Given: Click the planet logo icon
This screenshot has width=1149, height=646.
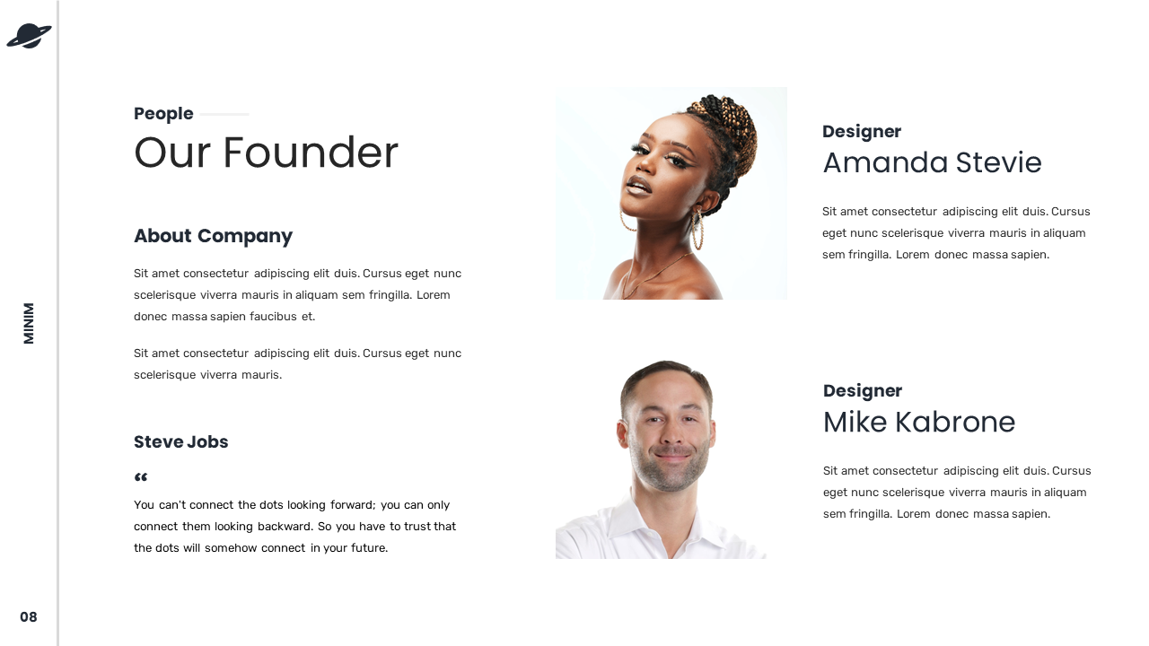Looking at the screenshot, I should pyautogui.click(x=29, y=36).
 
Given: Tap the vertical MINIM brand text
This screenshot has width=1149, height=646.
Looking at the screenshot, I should pyautogui.click(x=29, y=323).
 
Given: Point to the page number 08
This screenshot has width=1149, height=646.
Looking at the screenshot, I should pyautogui.click(x=29, y=617).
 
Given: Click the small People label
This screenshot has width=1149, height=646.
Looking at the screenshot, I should pyautogui.click(x=163, y=114).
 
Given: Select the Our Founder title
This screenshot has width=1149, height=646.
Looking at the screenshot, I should pyautogui.click(x=266, y=153).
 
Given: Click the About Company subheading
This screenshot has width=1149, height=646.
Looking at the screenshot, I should pyautogui.click(x=213, y=236).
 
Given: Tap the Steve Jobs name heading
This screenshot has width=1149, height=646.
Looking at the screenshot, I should pyautogui.click(x=180, y=442).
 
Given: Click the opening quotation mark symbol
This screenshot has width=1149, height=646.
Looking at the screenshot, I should pyautogui.click(x=141, y=478).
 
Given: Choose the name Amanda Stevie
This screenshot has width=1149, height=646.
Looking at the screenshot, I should pyautogui.click(x=932, y=163).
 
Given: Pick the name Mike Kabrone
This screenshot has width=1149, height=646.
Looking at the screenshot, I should pyautogui.click(x=918, y=423).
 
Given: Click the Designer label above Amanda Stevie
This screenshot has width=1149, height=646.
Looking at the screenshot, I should pyautogui.click(x=861, y=132).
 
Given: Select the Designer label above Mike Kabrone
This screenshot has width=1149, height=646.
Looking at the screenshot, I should pyautogui.click(x=862, y=391).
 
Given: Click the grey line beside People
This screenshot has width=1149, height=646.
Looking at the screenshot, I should pyautogui.click(x=224, y=114).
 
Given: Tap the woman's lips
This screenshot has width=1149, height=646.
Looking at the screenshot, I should pyautogui.click(x=636, y=187).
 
